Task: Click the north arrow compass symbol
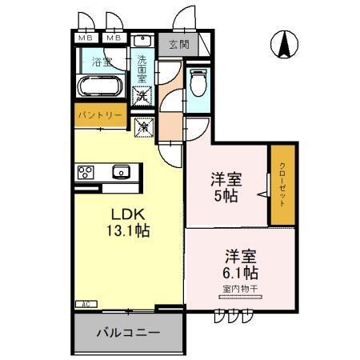[x=283, y=45]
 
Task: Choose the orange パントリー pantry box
[x=100, y=115]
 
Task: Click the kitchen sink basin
[x=121, y=170]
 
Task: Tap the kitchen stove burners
[x=86, y=171]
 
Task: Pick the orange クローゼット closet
[x=282, y=185]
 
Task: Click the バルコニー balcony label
[x=129, y=332]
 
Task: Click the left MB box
[x=85, y=38]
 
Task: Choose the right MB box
[x=114, y=38]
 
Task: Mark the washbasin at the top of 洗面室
[x=142, y=41]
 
